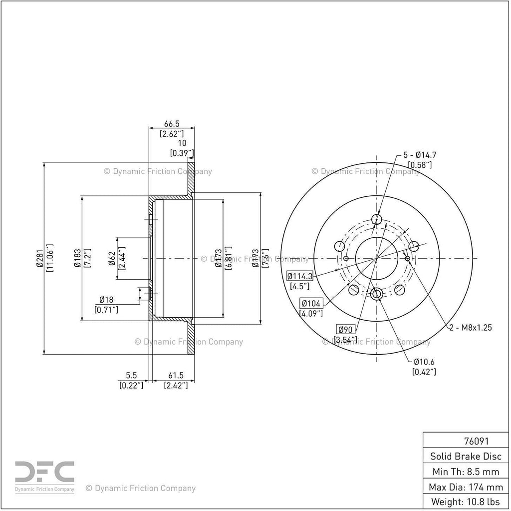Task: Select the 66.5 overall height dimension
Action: click(172, 124)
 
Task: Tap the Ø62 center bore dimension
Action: click(112, 258)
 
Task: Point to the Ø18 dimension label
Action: click(106, 300)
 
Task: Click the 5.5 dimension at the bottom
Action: click(131, 376)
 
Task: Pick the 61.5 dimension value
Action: click(176, 376)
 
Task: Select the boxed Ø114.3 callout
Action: click(300, 276)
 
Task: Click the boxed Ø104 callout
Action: click(311, 304)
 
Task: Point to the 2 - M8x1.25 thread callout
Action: click(471, 328)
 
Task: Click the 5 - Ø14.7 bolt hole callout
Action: click(420, 155)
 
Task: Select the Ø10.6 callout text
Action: click(424, 362)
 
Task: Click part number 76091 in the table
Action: click(477, 441)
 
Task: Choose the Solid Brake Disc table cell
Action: click(466, 456)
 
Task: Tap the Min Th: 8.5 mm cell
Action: click(466, 472)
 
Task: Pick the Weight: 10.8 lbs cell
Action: click(466, 502)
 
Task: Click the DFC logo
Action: click(44, 476)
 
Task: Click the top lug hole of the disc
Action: click(377, 219)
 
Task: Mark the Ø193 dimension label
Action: click(255, 258)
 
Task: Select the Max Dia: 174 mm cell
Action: click(466, 487)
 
